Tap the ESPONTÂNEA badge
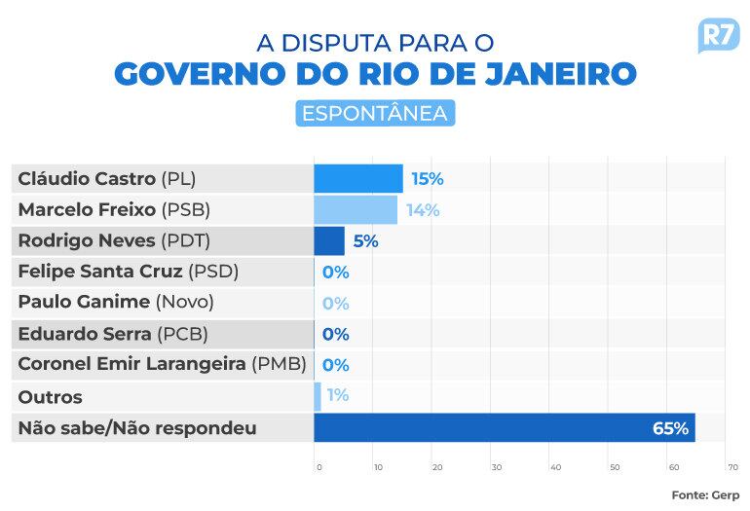[375, 112]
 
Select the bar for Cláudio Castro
[358, 179]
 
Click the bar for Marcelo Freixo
[356, 210]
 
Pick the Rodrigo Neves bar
[329, 240]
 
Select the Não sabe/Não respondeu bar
[505, 427]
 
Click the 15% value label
[427, 179]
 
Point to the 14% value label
[422, 210]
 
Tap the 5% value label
[365, 241]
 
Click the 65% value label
[671, 427]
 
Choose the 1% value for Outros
[338, 396]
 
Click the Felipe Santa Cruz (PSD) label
[128, 272]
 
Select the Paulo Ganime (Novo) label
[116, 303]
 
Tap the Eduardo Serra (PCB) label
[113, 334]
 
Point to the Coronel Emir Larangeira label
[162, 365]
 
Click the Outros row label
[51, 397]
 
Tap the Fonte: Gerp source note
[704, 494]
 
